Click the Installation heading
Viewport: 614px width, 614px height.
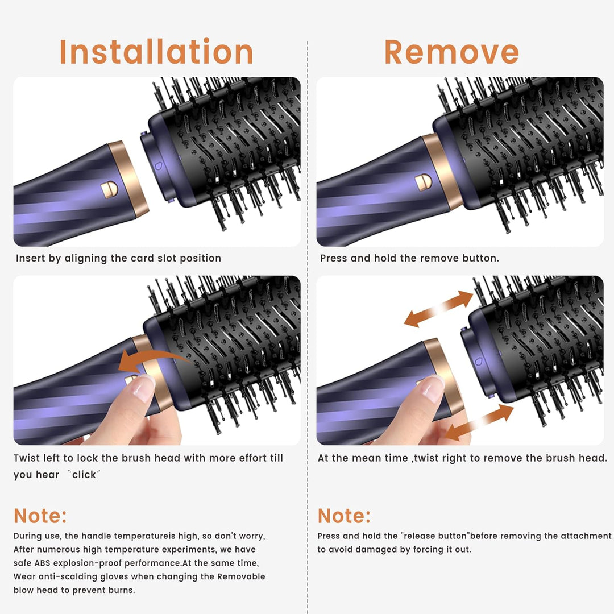[156, 52]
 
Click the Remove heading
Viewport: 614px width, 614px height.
[451, 52]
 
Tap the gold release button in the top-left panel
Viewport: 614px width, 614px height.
[109, 189]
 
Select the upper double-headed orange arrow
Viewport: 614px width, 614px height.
[438, 309]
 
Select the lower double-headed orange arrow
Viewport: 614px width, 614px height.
[479, 422]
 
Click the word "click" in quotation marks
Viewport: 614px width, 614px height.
[84, 475]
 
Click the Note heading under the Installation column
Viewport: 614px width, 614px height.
[40, 516]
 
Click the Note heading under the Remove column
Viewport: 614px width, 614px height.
[344, 516]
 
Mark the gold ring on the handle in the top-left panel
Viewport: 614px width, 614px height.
[128, 180]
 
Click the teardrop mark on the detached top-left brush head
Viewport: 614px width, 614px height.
[158, 166]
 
